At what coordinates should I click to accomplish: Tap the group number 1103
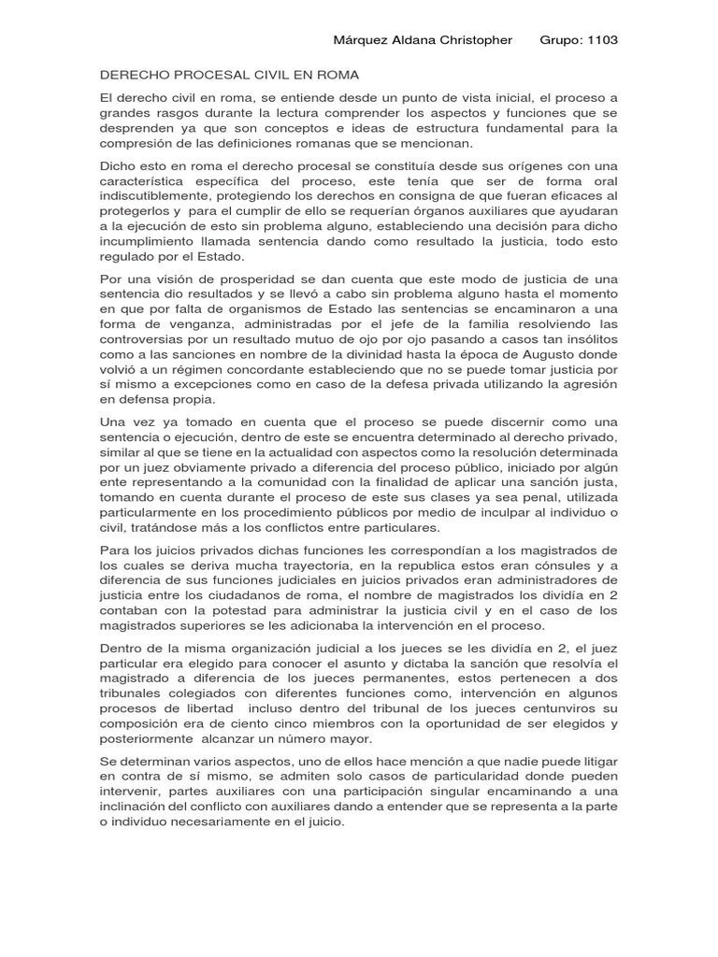tap(600, 40)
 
